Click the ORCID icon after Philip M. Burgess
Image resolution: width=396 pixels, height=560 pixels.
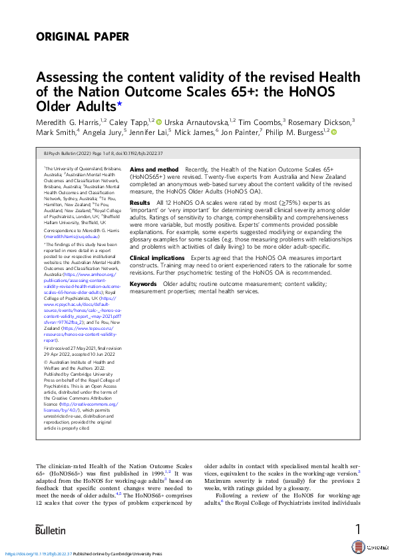coord(334,132)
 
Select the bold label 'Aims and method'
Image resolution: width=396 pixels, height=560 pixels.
coord(154,170)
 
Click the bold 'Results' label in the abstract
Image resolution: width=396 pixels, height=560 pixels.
coord(140,202)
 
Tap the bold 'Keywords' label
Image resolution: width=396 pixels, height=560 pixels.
coord(144,283)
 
